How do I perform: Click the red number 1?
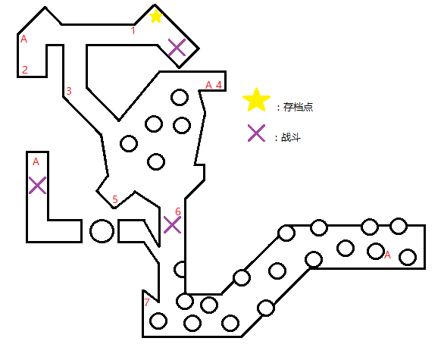coord(133,30)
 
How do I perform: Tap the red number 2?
coord(25,70)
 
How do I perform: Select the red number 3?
coord(69,91)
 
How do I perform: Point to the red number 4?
coord(218,85)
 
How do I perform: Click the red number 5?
coord(115,199)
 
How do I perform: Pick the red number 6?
coord(178,211)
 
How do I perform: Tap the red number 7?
coord(147,302)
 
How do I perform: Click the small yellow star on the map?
coord(156,17)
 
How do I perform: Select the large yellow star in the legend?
coord(256,100)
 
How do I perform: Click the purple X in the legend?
coord(256,133)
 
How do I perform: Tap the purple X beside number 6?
coord(172,225)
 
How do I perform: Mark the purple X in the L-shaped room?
coord(37,186)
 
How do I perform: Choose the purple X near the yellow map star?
coord(177,47)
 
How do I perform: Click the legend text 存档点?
coord(298,107)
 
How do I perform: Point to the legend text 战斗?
coord(291,137)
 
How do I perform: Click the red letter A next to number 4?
coord(208,85)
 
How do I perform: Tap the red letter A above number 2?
coord(24,39)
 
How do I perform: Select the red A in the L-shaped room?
coord(36,161)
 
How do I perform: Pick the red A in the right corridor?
coord(387,255)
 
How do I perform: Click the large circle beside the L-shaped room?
coord(102,231)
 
